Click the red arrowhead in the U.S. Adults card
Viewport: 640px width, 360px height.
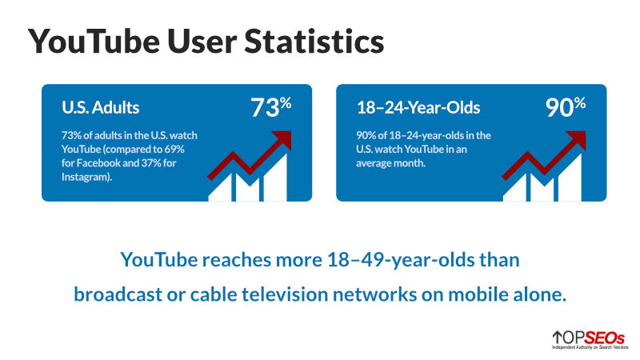click(x=282, y=140)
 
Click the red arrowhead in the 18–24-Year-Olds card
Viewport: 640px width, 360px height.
click(x=576, y=140)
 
